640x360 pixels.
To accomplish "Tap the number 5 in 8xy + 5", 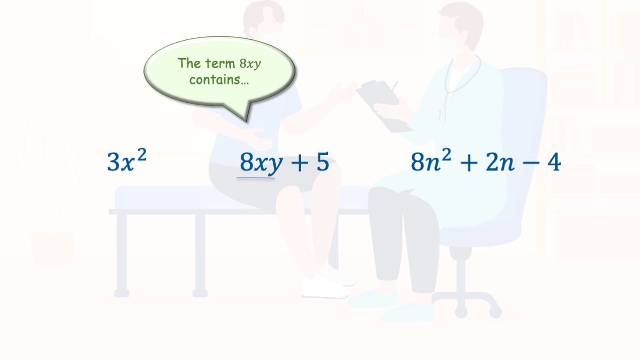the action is [x=323, y=162].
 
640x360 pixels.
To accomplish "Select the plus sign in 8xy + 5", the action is [x=300, y=163].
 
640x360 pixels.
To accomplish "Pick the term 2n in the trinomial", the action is [x=500, y=162].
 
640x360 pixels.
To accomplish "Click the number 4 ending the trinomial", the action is [x=554, y=162].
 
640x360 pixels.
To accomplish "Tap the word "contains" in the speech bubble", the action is [x=219, y=80].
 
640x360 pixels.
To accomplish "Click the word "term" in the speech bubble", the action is [x=220, y=63].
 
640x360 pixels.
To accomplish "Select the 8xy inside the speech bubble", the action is [x=250, y=64].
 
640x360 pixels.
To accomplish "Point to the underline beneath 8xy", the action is [x=255, y=178].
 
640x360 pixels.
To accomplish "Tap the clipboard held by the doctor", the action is [x=383, y=105].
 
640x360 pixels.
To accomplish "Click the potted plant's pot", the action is [x=53, y=249].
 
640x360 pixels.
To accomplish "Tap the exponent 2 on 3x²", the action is [x=142, y=155].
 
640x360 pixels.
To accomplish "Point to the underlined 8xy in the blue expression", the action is [x=261, y=163].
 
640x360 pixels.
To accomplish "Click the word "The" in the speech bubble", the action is [x=189, y=63].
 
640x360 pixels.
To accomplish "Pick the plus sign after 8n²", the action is [x=468, y=163].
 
